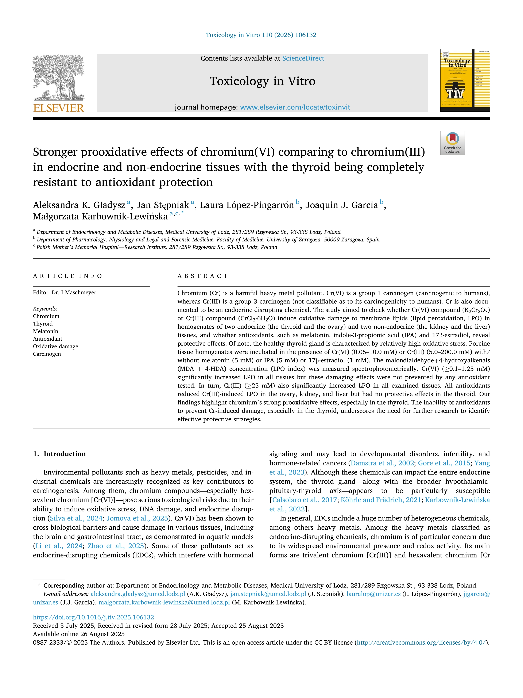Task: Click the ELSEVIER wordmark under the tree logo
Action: [x=59, y=108]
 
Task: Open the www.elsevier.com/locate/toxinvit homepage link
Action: [x=295, y=107]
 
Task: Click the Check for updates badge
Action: [x=452, y=143]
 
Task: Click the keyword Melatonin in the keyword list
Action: [x=45, y=331]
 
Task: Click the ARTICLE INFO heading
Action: [x=67, y=276]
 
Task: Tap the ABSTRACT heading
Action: [x=203, y=276]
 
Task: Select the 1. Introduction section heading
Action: [x=59, y=454]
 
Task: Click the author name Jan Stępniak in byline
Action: [x=162, y=205]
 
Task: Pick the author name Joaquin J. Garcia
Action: [x=341, y=205]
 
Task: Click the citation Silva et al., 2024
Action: [x=76, y=518]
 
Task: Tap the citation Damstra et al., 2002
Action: [x=382, y=463]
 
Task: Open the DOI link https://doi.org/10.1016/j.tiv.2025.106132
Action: [x=93, y=617]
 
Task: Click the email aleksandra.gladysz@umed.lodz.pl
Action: [x=137, y=594]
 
